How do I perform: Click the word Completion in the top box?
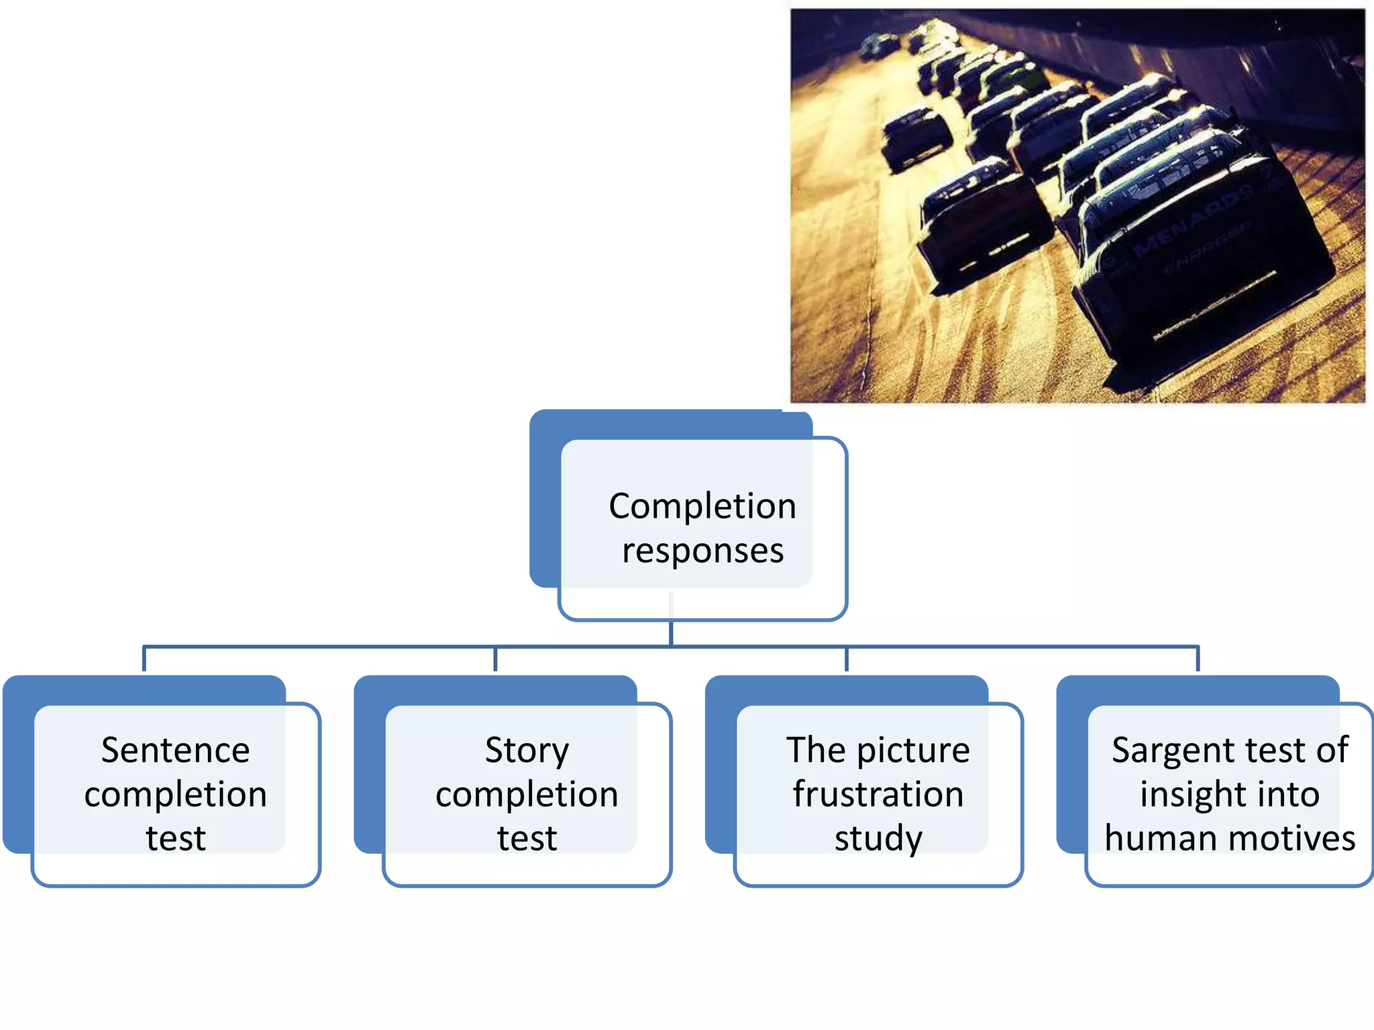pyautogui.click(x=702, y=506)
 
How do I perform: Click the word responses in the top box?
pyautogui.click(x=702, y=551)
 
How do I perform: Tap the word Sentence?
pyautogui.click(x=175, y=750)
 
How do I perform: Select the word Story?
pyautogui.click(x=527, y=750)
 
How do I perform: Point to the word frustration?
pyautogui.click(x=878, y=794)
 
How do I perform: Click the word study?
pyautogui.click(x=878, y=838)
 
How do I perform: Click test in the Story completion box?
pyautogui.click(x=527, y=838)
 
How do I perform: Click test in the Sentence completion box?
pyautogui.click(x=175, y=838)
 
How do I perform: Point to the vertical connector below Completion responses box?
pyautogui.click(x=671, y=630)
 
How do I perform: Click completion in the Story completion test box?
pyautogui.click(x=527, y=794)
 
